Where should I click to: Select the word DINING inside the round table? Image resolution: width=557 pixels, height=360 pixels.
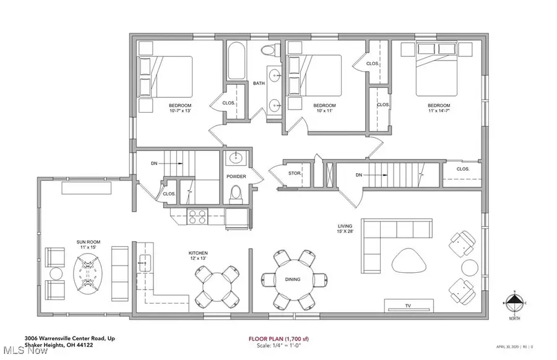(x=293, y=280)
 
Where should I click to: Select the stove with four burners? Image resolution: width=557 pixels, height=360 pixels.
(x=197, y=216)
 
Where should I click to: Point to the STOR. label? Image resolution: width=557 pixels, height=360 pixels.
(x=294, y=174)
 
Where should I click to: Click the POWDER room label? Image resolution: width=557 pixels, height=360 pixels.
(x=236, y=177)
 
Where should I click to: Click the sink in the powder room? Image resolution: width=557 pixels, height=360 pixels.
(x=236, y=158)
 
